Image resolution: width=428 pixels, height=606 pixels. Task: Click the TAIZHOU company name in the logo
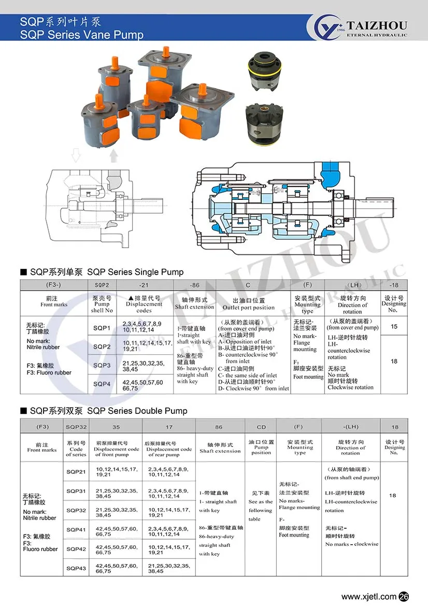pos(377,25)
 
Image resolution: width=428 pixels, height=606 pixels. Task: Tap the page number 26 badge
pos(405,597)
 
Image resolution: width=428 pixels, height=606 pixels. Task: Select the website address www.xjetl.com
pos(369,597)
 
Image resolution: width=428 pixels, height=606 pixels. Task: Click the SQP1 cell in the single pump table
pos(102,328)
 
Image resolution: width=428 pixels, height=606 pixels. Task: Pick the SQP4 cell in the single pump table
pos(102,384)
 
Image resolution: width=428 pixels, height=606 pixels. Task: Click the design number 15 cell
pos(394,327)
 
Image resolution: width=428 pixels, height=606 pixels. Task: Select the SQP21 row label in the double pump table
pos(76,471)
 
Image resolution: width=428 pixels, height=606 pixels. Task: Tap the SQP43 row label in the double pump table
pos(76,568)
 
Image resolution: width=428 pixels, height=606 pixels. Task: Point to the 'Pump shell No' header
pos(102,305)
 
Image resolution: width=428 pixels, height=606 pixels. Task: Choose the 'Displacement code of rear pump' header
pos(169,449)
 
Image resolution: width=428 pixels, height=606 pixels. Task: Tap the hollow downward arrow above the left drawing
pos(76,155)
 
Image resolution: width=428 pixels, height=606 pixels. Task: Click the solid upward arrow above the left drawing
pos(114,155)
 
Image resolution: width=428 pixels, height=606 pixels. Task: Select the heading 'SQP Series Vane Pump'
pos(81,35)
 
